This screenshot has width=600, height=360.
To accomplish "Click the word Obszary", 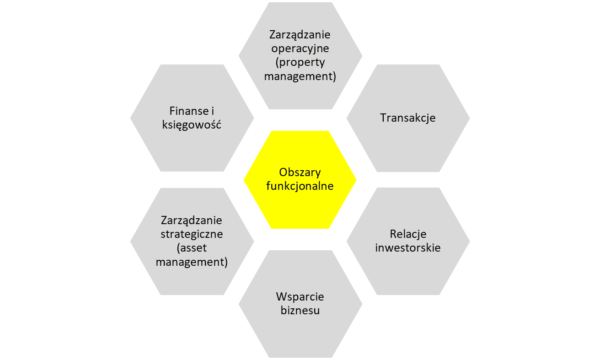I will click(x=300, y=172).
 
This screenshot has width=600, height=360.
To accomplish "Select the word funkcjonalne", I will click(x=300, y=186).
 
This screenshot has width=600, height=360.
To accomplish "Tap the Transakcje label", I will click(x=408, y=118).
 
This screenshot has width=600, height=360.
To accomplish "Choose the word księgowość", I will click(x=192, y=124).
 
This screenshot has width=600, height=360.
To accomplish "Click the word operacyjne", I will click(x=300, y=48).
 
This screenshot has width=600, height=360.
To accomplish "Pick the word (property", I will click(x=300, y=62).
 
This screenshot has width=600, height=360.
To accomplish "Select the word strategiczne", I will click(x=192, y=234).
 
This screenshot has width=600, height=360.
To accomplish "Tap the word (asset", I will click(x=192, y=248).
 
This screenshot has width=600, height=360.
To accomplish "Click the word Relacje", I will click(x=408, y=234).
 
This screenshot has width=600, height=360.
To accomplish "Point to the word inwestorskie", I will click(x=408, y=248).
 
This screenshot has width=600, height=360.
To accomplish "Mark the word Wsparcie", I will click(x=300, y=296).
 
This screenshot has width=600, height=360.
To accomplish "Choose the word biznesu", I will click(x=300, y=311).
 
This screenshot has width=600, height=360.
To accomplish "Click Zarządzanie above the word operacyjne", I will click(x=300, y=34).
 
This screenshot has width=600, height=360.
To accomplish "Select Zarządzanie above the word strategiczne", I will click(x=192, y=220).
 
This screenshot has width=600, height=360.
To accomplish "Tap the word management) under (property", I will click(x=300, y=76).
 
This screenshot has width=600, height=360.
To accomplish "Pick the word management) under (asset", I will click(x=192, y=262).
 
